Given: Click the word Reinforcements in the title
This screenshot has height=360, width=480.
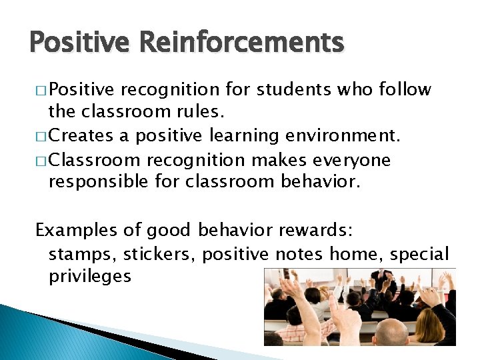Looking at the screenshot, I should [x=241, y=44].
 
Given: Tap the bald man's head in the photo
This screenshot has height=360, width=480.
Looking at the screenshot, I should [x=391, y=331].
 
